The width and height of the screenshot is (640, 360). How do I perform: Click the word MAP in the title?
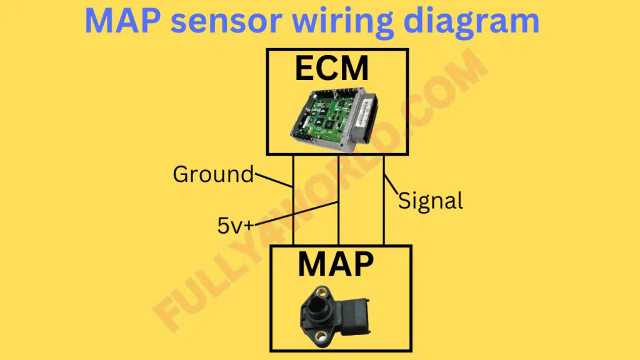[x=122, y=21]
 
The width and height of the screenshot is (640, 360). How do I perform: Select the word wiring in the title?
[x=343, y=23]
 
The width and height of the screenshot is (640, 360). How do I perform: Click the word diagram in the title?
[x=471, y=23]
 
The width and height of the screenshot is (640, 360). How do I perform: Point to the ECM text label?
[x=332, y=68]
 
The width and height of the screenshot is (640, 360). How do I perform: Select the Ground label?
[x=213, y=174]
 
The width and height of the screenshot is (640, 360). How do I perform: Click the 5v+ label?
[x=236, y=226]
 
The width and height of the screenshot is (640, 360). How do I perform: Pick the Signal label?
[x=431, y=201]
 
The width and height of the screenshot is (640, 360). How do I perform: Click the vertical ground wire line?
[x=293, y=200]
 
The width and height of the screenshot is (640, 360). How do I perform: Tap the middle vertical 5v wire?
[x=338, y=200]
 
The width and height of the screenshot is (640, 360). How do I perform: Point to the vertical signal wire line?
[x=384, y=200]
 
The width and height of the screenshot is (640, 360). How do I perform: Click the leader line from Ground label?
[x=273, y=181]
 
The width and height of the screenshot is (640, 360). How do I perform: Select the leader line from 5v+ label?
[x=296, y=213]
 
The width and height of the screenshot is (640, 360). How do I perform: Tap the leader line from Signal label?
[x=391, y=185]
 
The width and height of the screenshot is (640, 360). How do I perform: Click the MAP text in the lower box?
[x=336, y=264]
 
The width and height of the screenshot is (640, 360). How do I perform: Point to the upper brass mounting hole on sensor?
[x=322, y=292]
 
